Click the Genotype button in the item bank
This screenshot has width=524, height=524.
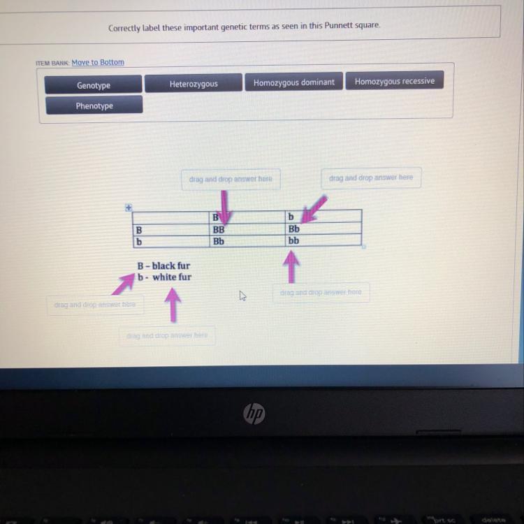tap(94, 85)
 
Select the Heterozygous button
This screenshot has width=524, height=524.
tap(194, 84)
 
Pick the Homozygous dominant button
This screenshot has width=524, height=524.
tap(293, 82)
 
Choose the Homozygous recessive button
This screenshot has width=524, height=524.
tap(394, 81)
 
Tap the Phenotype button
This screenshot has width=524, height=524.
tap(94, 105)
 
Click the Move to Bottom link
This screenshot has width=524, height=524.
tap(98, 62)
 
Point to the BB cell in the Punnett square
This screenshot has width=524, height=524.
tap(219, 229)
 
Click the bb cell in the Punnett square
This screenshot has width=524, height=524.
tap(294, 240)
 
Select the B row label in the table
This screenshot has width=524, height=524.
tap(140, 229)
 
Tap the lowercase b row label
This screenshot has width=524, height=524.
tap(139, 241)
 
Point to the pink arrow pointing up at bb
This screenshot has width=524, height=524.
tap(291, 267)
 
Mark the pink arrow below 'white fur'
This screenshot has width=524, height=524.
tap(173, 305)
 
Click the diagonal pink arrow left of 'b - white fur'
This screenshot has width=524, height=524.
tap(124, 284)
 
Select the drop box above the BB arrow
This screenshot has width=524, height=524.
tap(231, 180)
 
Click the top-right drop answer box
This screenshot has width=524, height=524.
tap(371, 178)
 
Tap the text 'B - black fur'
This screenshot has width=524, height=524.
tap(164, 265)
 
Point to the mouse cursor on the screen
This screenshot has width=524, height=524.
tap(243, 296)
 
